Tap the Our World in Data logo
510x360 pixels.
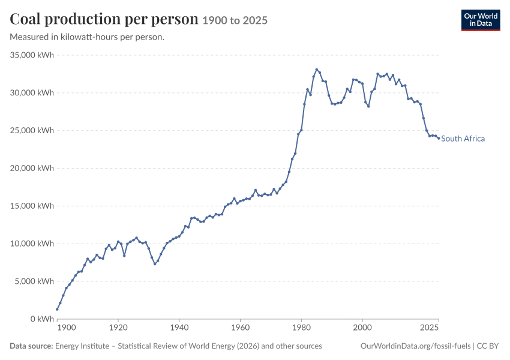(481, 20)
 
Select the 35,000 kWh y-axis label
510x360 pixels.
(32, 55)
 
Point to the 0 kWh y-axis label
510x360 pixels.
(42, 319)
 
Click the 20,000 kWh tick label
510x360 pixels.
(32, 168)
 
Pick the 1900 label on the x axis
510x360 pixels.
(67, 327)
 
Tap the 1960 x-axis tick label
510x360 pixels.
(241, 327)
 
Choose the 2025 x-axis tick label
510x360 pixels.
(430, 327)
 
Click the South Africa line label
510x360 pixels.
(463, 139)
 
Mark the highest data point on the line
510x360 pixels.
(316, 69)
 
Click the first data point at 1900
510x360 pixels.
(57, 309)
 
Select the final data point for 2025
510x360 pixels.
(439, 138)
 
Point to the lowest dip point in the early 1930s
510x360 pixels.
(155, 264)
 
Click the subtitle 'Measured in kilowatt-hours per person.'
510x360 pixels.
(87, 37)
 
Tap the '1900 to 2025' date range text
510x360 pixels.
(235, 20)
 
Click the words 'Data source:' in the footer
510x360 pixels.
(31, 346)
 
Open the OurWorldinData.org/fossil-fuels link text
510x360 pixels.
(415, 346)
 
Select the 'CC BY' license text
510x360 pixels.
(488, 346)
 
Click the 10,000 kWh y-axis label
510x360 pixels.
(32, 244)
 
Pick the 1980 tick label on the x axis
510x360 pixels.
(302, 327)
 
